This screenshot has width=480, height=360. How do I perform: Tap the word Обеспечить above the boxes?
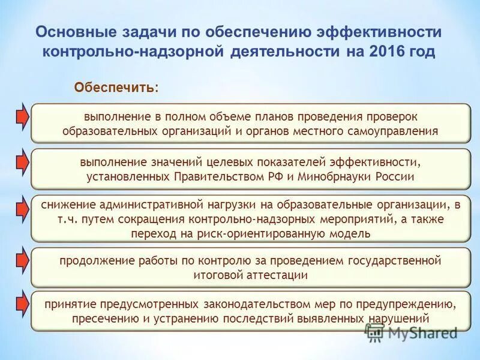click(115, 88)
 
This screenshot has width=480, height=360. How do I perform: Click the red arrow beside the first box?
click(21, 117)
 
